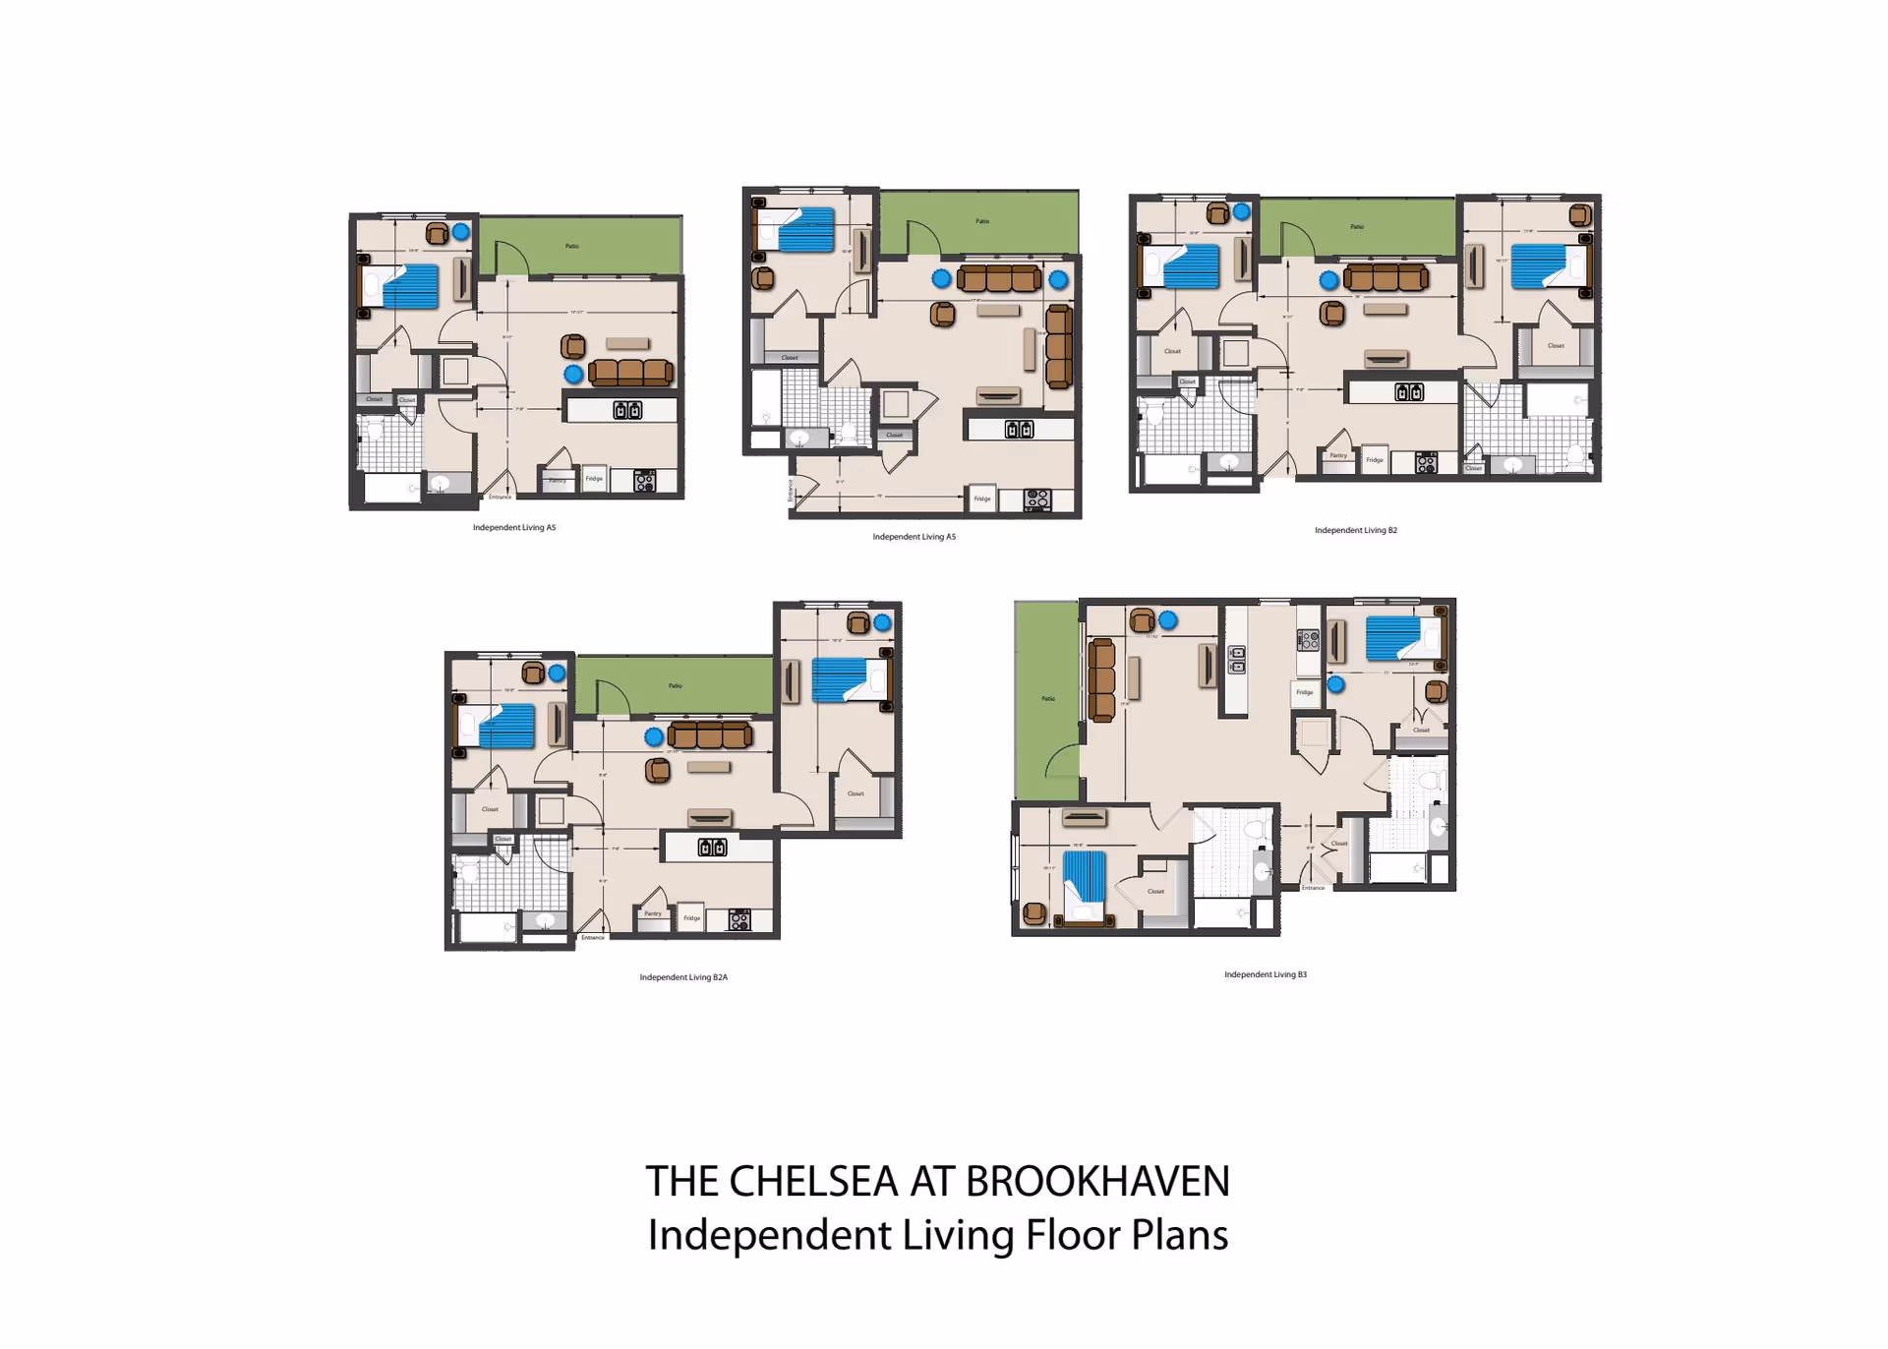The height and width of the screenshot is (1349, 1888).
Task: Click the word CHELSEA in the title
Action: (813, 1182)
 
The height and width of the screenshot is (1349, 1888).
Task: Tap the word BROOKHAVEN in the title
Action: (1096, 1182)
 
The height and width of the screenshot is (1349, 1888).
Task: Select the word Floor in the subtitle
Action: (1072, 1235)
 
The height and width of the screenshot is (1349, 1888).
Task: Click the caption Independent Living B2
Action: (1355, 530)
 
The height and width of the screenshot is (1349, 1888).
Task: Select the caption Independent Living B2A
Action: (683, 977)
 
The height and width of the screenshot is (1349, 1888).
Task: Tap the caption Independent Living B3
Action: (1265, 974)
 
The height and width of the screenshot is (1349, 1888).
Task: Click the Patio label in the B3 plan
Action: (1048, 699)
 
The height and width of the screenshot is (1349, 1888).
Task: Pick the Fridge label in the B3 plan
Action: (1304, 692)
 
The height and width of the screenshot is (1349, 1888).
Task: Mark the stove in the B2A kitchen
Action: (739, 920)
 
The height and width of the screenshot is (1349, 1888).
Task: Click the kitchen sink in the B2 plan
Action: (1408, 392)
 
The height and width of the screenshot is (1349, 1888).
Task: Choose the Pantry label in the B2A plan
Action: (653, 914)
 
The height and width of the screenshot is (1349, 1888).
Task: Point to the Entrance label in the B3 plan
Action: (1313, 888)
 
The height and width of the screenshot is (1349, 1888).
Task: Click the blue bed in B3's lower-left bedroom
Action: (1085, 875)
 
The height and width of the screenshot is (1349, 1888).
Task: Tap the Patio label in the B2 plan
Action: (1356, 227)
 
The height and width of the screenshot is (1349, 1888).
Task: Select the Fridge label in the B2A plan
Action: (692, 918)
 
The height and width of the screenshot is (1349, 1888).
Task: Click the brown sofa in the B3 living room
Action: (1101, 679)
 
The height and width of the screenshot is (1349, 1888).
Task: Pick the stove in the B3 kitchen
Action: (1308, 641)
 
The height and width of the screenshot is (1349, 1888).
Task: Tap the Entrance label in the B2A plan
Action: (593, 938)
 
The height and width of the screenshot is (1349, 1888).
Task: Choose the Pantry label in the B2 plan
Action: (1338, 456)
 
